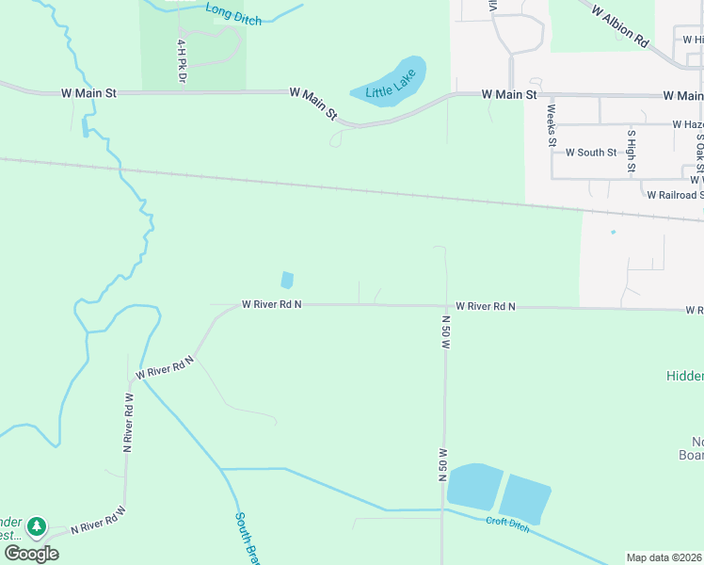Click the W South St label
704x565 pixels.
(591, 152)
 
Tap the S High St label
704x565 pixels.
(632, 153)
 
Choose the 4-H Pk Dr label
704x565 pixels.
(181, 60)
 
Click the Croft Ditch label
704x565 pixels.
(508, 525)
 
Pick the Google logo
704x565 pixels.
(31, 553)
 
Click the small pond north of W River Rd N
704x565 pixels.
(286, 280)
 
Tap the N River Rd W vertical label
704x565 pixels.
(128, 423)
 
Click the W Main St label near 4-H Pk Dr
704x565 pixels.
(88, 93)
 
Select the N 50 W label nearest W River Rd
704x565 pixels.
(444, 332)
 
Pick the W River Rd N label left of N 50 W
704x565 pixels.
(272, 304)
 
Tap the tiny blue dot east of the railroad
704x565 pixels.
(613, 232)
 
